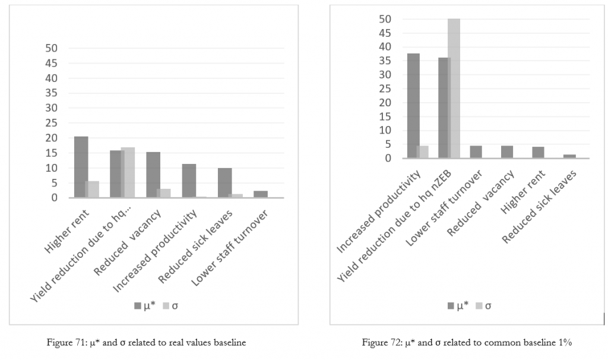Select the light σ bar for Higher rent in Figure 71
coord(92,190)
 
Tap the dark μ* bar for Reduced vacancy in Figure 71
coord(153,175)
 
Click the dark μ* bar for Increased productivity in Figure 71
coord(189,181)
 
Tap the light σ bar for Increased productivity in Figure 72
coord(423,152)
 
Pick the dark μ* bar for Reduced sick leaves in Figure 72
coord(569,156)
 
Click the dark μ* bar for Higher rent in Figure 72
coord(538,152)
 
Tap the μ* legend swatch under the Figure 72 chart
coord(451,306)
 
